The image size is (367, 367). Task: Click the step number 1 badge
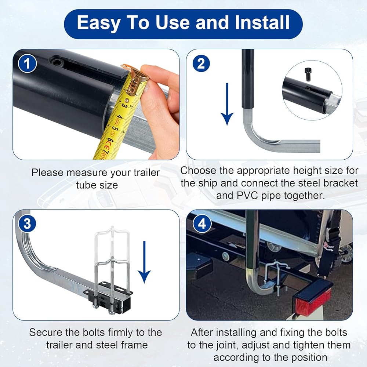tap(28, 63)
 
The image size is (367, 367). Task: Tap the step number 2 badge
tap(201, 63)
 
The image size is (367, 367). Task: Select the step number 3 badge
tap(28, 224)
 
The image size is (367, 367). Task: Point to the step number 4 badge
tap(202, 224)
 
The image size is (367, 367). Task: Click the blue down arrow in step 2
tap(227, 104)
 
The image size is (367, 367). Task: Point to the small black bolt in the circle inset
tap(308, 74)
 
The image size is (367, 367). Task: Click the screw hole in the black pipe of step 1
tap(56, 62)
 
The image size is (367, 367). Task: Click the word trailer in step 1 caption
tap(147, 173)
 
